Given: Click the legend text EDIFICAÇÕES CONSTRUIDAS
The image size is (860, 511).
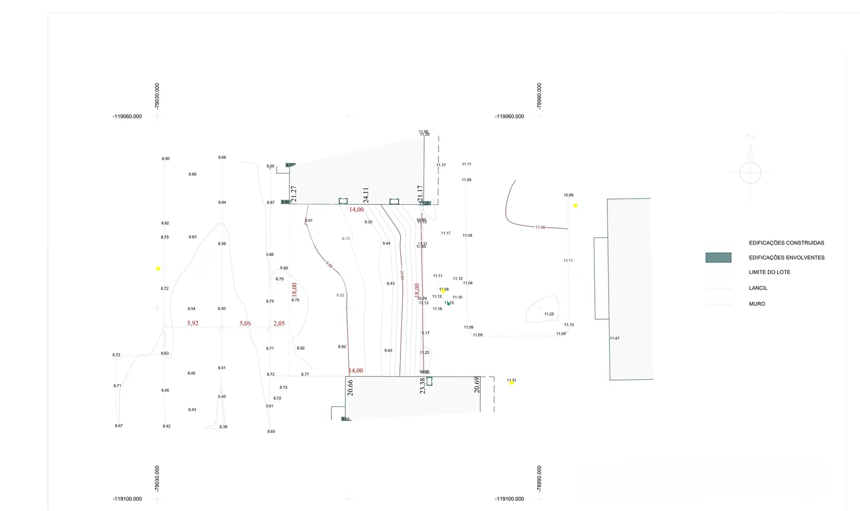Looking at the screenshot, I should pos(786,243).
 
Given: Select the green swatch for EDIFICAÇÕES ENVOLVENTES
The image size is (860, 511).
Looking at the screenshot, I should pos(718,257).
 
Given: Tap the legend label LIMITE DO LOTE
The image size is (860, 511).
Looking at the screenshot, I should pos(769,272).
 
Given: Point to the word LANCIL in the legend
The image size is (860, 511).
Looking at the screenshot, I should pos(758,288).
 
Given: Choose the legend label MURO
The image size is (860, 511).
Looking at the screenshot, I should pos(756,304).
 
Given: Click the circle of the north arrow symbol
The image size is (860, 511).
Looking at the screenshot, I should pos(750,173).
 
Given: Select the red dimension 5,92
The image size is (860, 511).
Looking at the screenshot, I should pos(192,323).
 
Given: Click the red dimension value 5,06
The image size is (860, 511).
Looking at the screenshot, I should pos(245,323).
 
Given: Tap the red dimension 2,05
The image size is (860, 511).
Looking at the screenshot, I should pos(279,323).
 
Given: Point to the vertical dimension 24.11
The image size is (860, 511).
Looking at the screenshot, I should pos(366,195).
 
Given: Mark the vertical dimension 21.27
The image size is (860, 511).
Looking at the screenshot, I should pos(294,194).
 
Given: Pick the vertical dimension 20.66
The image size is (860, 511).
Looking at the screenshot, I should pos(350,388).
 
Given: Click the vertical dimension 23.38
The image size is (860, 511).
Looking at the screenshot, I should pos(423,386).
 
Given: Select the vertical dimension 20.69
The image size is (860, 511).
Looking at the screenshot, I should pos(477,385).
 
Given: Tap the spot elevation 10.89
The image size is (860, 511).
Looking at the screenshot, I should pos(568,195).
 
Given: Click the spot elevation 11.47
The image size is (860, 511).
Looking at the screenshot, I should pos(615,338).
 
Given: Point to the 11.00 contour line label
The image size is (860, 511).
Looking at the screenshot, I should pos(540,227).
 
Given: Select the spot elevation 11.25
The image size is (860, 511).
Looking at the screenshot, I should pos(549,314).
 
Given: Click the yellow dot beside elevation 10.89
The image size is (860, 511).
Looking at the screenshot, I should pos(575,206).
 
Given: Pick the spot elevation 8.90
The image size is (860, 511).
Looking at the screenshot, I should pos(165,159).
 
